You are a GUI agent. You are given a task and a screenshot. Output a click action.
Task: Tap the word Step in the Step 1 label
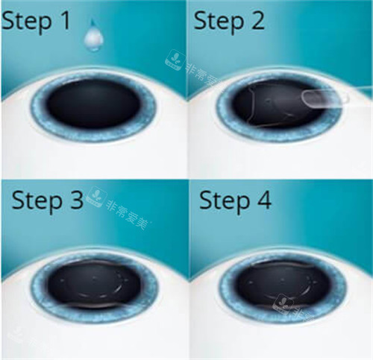[26, 22]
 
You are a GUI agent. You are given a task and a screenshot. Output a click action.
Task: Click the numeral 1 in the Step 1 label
[66, 20]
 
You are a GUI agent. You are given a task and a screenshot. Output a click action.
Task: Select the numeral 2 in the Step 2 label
[256, 21]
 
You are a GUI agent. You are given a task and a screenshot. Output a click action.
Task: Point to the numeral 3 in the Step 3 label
[76, 200]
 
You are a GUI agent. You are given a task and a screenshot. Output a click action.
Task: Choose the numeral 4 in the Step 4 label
[264, 200]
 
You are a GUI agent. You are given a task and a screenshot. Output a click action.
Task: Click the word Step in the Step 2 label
[219, 22]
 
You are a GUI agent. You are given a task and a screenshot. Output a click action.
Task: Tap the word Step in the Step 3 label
[37, 201]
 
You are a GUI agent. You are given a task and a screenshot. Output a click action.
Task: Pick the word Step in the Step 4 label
[225, 201]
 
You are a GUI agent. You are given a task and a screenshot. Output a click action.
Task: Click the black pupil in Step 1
[93, 103]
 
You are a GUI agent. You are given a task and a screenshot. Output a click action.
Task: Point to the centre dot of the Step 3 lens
[94, 280]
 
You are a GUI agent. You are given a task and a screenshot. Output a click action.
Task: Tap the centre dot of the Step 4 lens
[282, 280]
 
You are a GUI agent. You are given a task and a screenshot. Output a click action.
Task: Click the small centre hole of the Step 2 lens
[269, 101]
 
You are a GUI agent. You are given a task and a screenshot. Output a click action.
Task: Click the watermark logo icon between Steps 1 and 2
[175, 60]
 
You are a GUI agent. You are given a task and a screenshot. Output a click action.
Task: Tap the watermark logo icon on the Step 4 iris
[283, 305]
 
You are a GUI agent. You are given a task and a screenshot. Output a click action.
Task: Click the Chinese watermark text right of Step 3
[128, 214]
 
